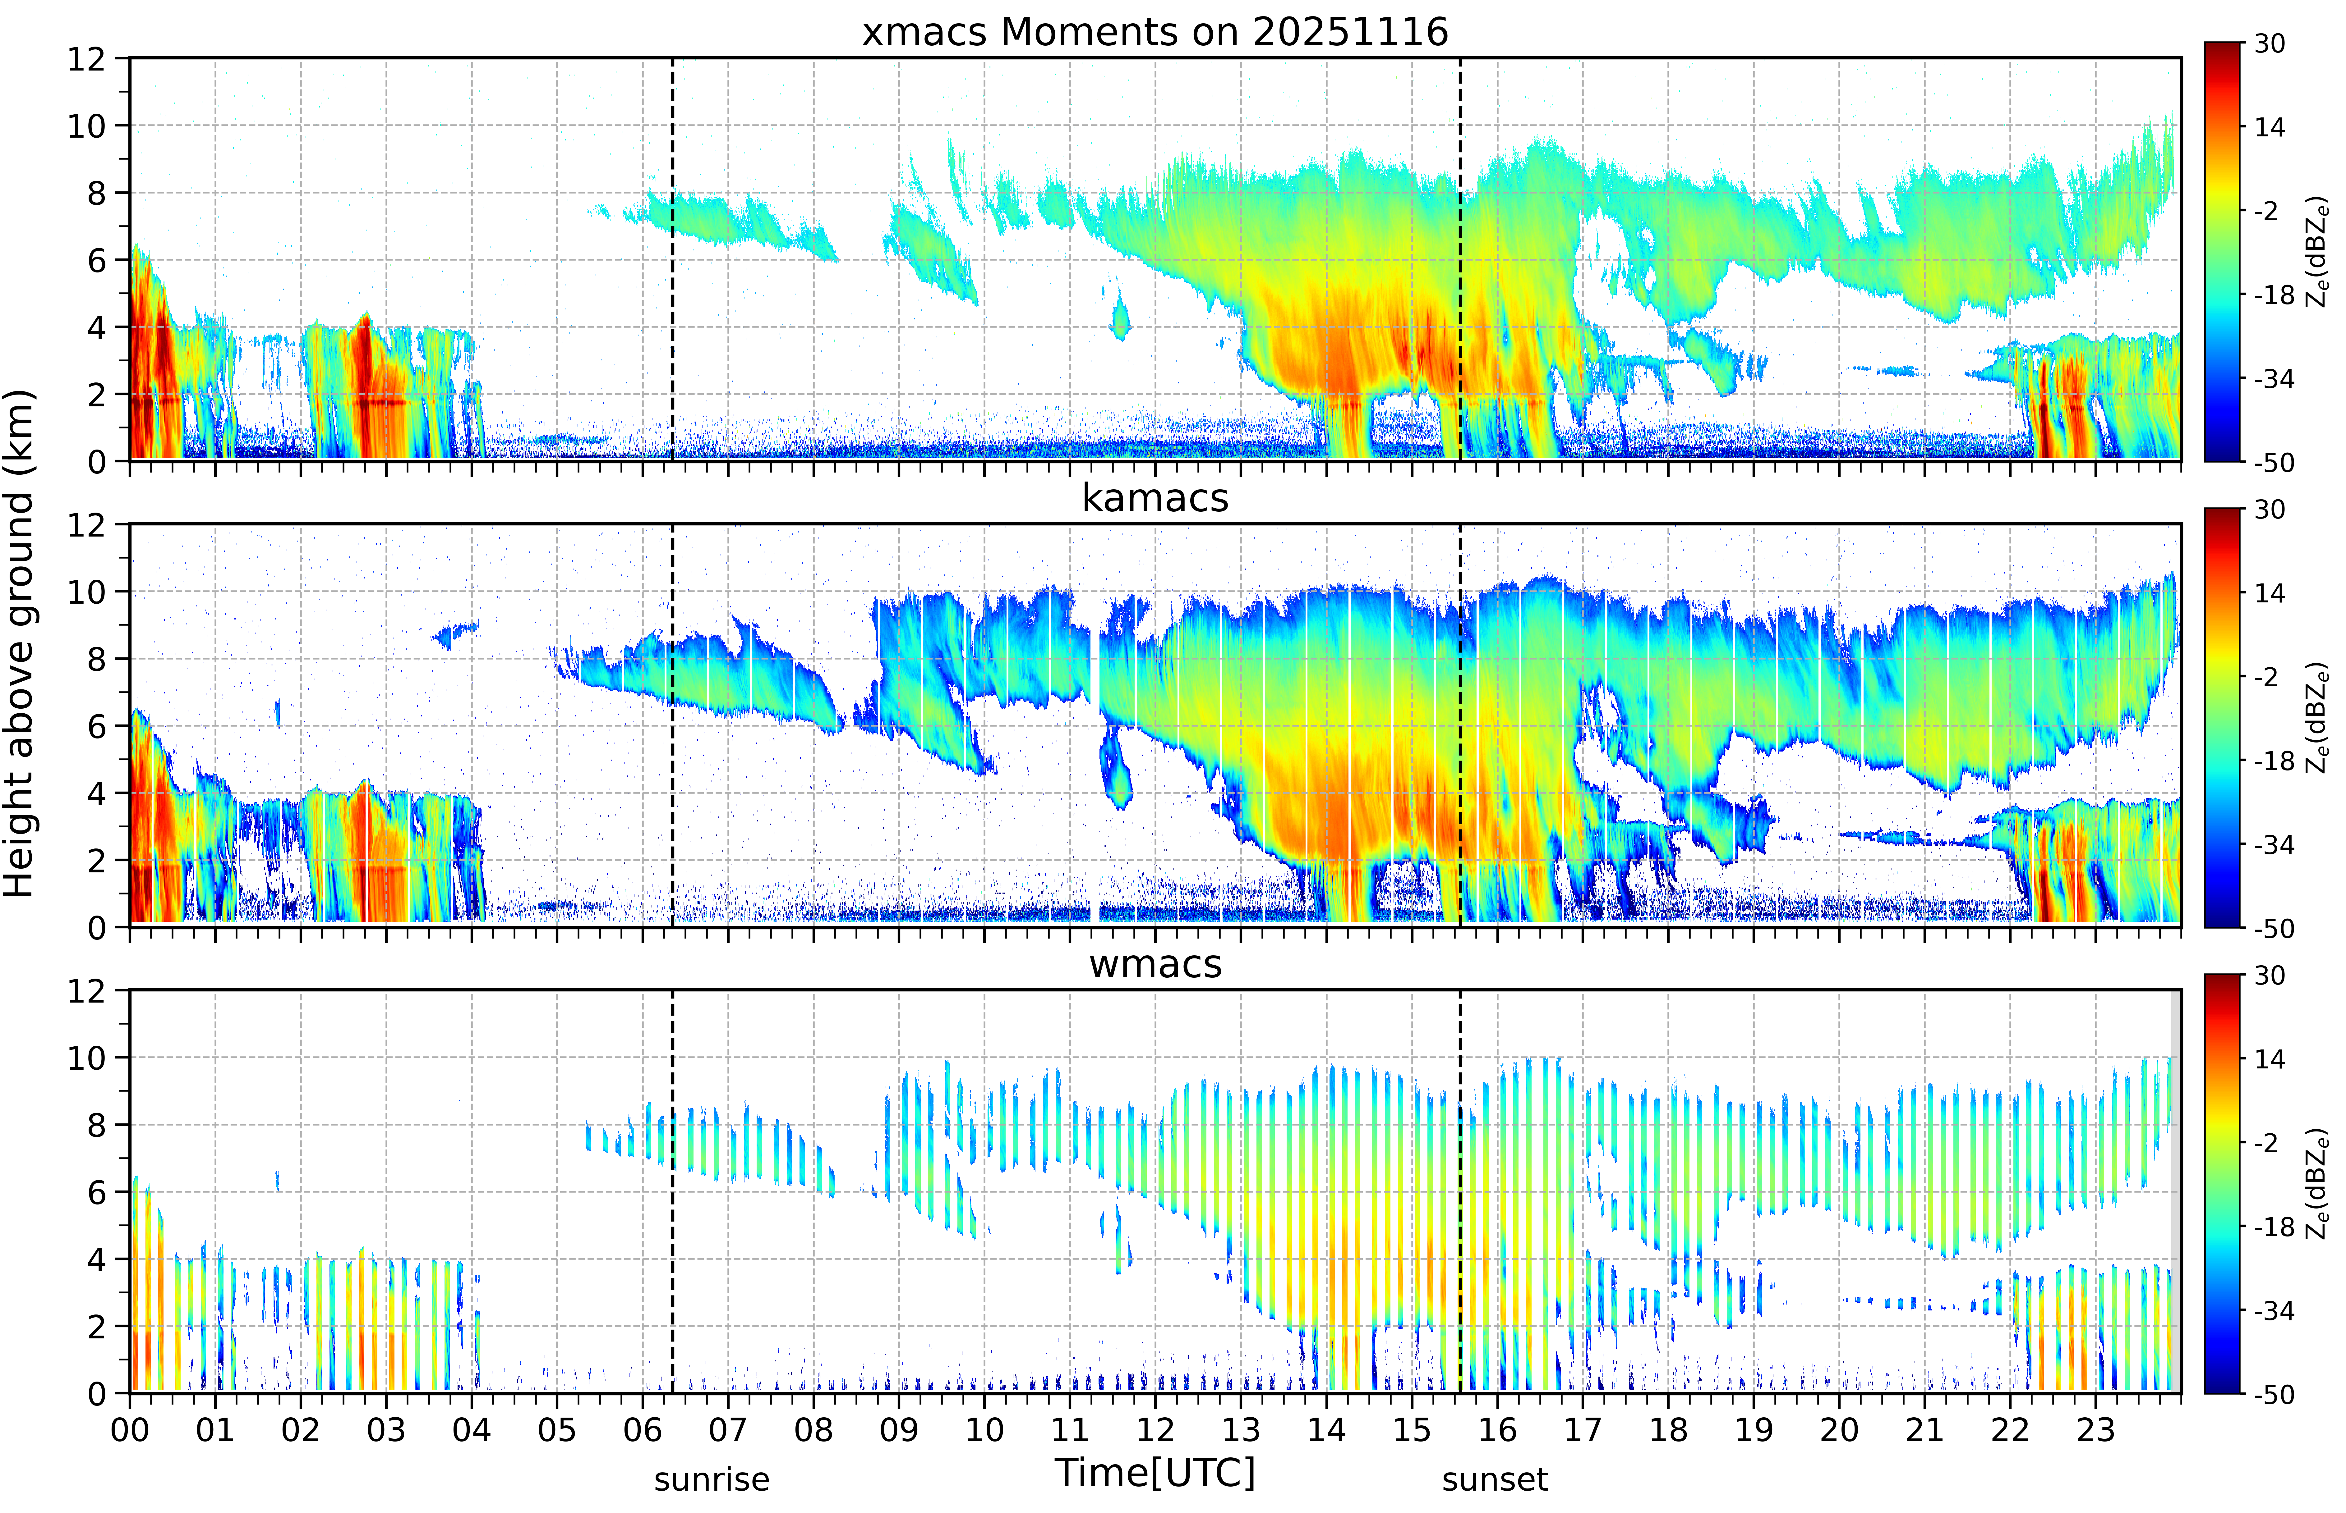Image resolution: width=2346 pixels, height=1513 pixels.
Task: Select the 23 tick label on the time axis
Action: click(2095, 1429)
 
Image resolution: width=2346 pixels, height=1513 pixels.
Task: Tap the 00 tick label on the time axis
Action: click(130, 1429)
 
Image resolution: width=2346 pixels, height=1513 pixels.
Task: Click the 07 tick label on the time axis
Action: click(728, 1429)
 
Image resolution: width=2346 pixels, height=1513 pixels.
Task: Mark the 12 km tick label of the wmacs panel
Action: click(86, 990)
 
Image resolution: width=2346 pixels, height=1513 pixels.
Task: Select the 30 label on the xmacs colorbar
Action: click(2269, 44)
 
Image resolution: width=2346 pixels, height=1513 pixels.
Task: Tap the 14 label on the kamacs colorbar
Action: click(2269, 593)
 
